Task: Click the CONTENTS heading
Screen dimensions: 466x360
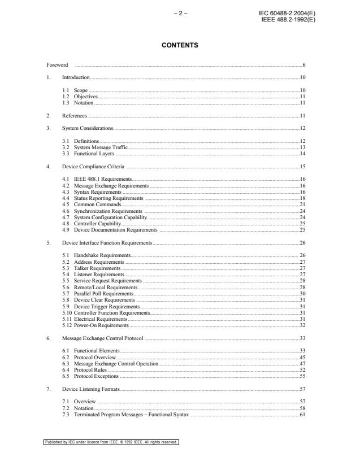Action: tap(180, 45)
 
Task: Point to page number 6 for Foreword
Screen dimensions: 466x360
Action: tap(303, 66)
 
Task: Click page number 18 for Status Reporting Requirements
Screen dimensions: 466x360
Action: tap(302, 198)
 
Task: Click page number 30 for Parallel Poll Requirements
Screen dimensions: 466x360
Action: tap(302, 294)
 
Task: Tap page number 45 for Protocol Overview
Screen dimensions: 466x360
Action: tap(302, 358)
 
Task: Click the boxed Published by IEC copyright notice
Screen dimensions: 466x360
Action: tap(111, 442)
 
